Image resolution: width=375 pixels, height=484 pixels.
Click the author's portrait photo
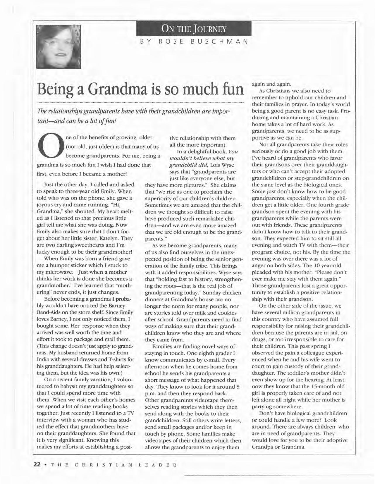58,46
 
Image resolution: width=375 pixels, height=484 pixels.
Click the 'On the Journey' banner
194,29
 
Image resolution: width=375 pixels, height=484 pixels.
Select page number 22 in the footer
37,464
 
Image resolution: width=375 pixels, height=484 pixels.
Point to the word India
43,359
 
